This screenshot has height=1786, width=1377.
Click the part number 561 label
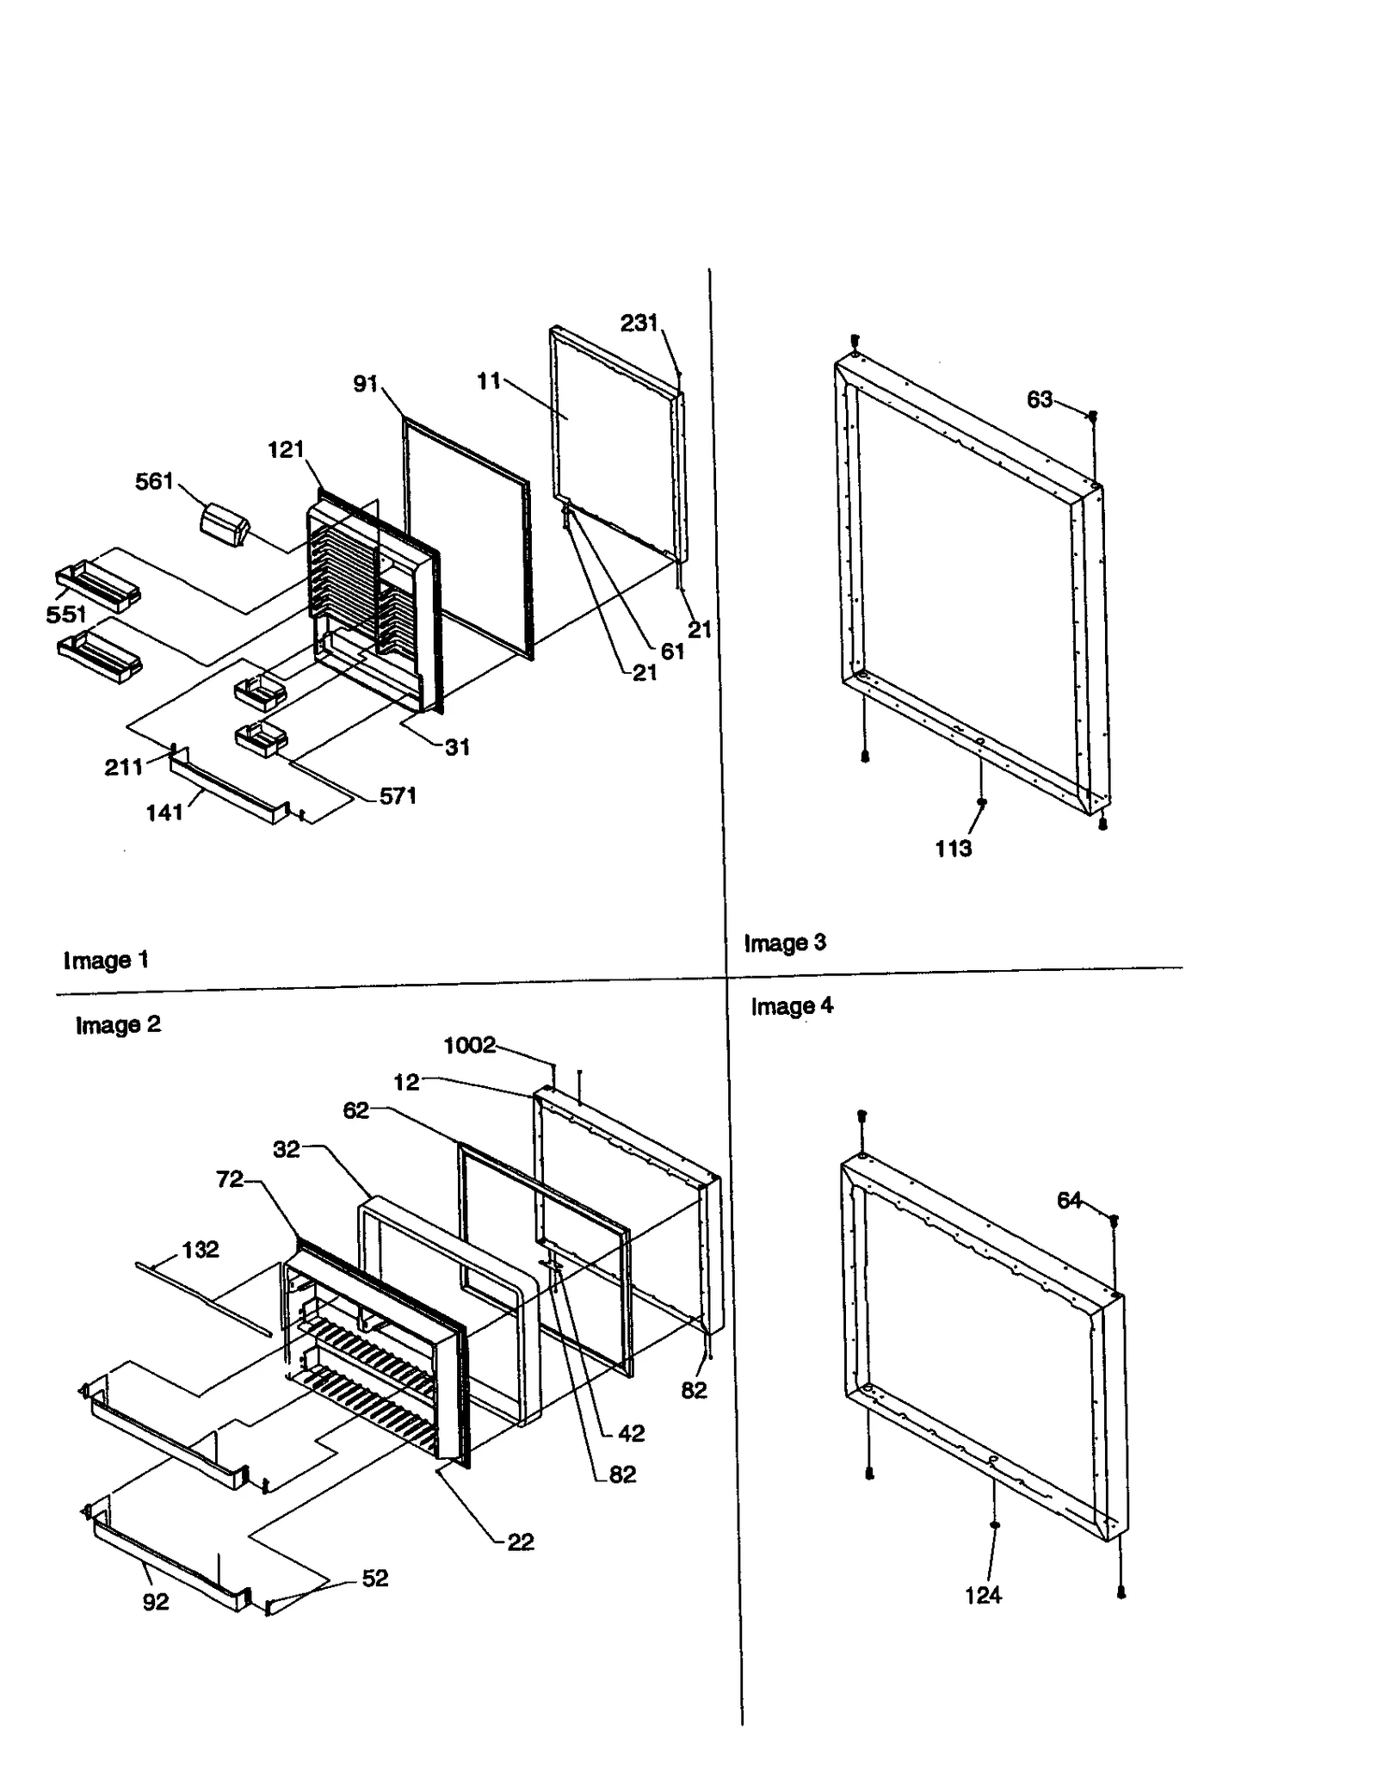pyautogui.click(x=154, y=481)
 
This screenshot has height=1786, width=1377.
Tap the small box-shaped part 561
pyautogui.click(x=224, y=524)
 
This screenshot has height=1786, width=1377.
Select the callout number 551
pyautogui.click(x=66, y=614)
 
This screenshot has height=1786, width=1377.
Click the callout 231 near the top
pyautogui.click(x=639, y=323)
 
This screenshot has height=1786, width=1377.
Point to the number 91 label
pyautogui.click(x=366, y=384)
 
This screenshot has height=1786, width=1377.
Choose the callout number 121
pyautogui.click(x=286, y=449)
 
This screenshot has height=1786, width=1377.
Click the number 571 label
pyautogui.click(x=398, y=796)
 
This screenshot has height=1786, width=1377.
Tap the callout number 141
pyautogui.click(x=164, y=813)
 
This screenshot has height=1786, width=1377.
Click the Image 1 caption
pyautogui.click(x=106, y=960)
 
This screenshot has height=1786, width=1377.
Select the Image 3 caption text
pyautogui.click(x=784, y=942)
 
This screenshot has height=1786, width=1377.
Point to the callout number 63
pyautogui.click(x=1039, y=399)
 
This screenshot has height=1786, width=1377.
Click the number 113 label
pyautogui.click(x=953, y=849)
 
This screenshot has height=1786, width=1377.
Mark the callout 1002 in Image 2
pyautogui.click(x=469, y=1045)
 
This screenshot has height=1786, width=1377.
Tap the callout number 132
pyautogui.click(x=200, y=1249)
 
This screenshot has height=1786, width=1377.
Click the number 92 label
pyautogui.click(x=156, y=1602)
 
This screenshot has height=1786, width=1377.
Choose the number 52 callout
pyautogui.click(x=374, y=1578)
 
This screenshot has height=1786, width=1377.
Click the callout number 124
pyautogui.click(x=982, y=1596)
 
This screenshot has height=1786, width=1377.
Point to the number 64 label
pyautogui.click(x=1069, y=1201)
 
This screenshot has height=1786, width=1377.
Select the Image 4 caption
pyautogui.click(x=791, y=1006)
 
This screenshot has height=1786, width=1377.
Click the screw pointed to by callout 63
pyautogui.click(x=1093, y=417)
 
